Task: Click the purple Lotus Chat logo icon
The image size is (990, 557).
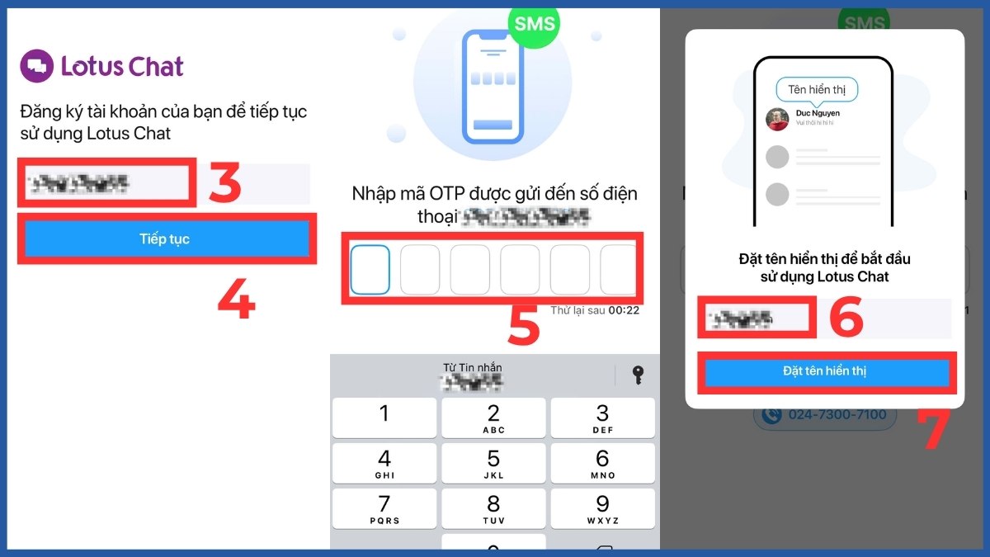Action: tap(36, 66)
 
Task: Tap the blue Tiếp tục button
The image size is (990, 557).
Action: tap(164, 239)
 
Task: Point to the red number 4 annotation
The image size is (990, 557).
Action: tap(236, 301)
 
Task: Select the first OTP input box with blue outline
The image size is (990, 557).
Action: tap(370, 269)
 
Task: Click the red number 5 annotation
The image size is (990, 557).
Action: tap(523, 325)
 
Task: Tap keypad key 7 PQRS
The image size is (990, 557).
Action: tap(384, 508)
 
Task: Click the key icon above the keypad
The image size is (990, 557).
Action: tap(637, 375)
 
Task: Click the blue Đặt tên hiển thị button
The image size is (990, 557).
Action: tap(825, 371)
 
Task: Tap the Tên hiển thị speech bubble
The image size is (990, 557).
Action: tap(817, 89)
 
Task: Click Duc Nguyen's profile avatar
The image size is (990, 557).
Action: tap(777, 120)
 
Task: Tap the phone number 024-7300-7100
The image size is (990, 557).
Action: tap(824, 414)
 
